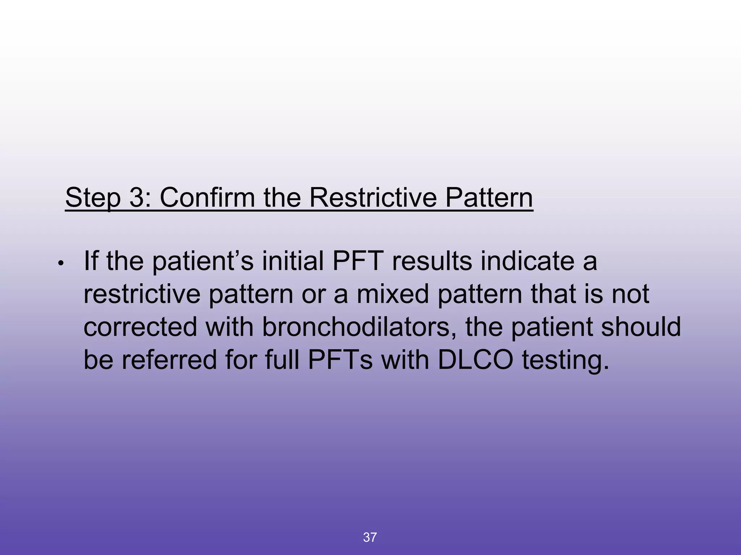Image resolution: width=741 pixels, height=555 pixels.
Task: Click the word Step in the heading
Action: click(93, 198)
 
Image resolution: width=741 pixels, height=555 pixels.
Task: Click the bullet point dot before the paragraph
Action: click(61, 263)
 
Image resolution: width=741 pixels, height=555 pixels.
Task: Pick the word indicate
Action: click(527, 261)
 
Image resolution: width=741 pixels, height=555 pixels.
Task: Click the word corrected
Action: click(140, 327)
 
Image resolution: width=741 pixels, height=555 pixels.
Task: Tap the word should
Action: click(641, 327)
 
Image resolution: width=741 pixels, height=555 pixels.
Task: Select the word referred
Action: click(169, 360)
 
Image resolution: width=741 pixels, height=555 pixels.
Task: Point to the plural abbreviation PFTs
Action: click(340, 360)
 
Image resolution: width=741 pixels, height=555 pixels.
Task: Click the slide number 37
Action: click(370, 537)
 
